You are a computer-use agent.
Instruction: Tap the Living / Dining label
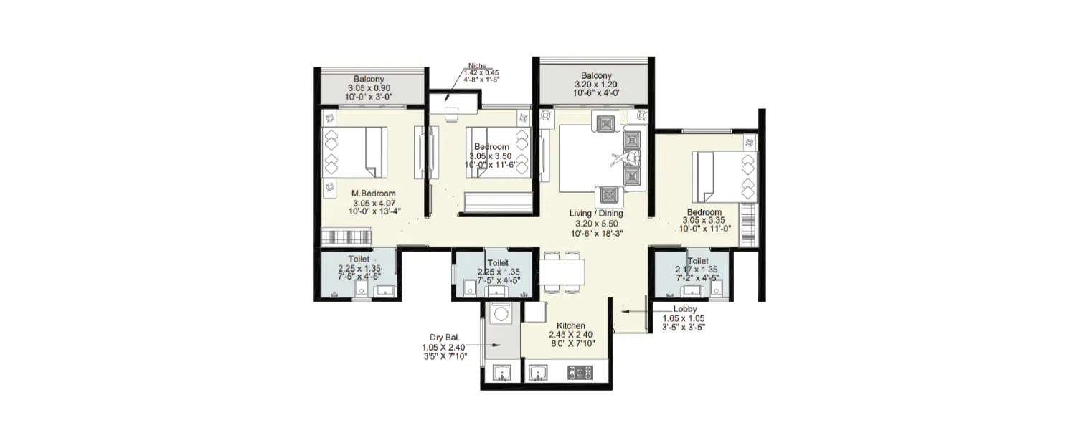click(596, 214)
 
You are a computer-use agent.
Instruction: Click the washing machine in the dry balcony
click(500, 314)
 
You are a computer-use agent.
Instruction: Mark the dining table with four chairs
click(563, 272)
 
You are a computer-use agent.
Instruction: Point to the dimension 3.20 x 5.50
click(596, 223)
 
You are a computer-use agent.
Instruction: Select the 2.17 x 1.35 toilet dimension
click(697, 270)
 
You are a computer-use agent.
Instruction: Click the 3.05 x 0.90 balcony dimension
click(369, 88)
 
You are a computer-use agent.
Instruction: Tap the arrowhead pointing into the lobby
click(625, 312)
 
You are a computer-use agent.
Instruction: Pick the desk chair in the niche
click(451, 114)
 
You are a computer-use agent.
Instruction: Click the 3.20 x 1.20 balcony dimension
click(596, 84)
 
